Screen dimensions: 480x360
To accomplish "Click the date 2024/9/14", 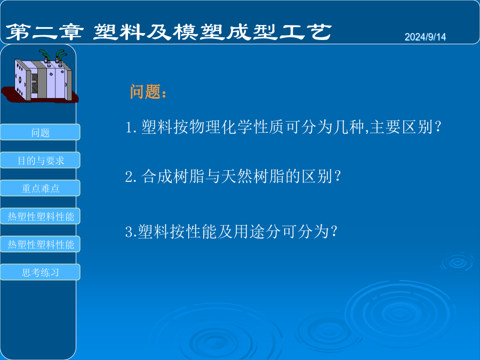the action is [425, 37].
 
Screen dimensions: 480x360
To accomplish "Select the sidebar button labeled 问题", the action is [40, 132].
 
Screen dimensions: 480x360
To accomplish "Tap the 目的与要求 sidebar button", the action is [40, 160].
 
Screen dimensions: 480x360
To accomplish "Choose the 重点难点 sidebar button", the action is [40, 188].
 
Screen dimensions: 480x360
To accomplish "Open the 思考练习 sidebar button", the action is [40, 272].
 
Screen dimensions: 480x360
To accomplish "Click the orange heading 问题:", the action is [148, 92].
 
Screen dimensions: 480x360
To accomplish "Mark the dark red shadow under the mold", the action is [40, 94].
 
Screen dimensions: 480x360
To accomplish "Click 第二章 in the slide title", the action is [45, 32].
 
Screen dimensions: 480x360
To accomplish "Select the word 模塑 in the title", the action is [199, 32].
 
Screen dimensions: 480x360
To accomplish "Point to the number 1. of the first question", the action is [131, 127].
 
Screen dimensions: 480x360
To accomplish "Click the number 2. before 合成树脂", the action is [131, 177].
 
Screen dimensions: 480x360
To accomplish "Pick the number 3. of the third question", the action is [131, 232].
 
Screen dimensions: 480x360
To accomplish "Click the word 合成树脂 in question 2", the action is [173, 177].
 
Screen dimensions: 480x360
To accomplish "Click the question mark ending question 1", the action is [438, 127].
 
